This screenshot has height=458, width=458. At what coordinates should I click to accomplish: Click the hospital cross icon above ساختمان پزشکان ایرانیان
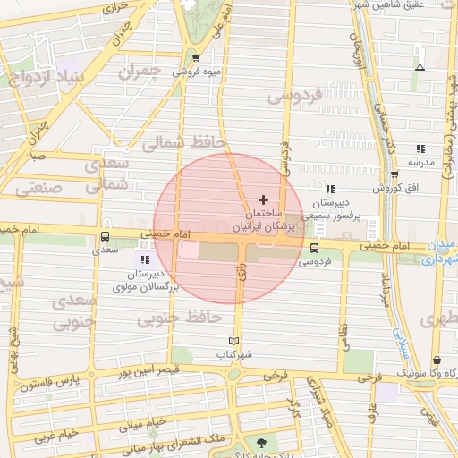263,199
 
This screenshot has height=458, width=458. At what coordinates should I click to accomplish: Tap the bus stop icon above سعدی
106,238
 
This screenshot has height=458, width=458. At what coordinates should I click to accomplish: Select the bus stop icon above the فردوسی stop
313,249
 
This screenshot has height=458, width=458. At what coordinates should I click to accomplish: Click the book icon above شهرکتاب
234,341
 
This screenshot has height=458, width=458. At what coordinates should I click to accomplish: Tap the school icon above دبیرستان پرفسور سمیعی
330,189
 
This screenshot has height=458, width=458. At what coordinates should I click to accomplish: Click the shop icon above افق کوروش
394,174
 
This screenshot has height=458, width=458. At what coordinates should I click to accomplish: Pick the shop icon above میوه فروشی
196,59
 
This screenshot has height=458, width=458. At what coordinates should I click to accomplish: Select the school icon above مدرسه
420,149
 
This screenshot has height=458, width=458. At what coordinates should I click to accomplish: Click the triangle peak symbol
420,67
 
